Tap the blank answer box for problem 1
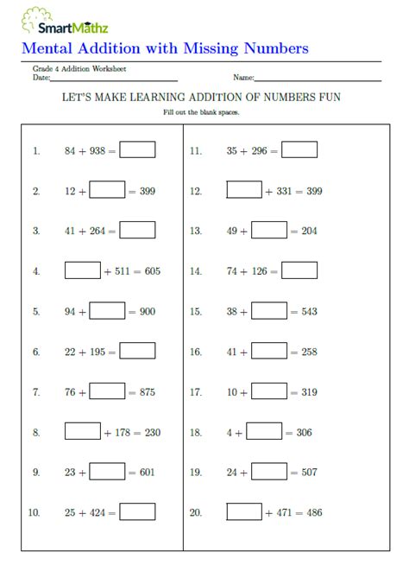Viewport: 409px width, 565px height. (x=137, y=150)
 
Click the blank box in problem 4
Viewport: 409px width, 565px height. (x=83, y=270)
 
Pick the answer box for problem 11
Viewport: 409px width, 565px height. (x=299, y=150)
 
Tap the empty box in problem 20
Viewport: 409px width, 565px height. (x=244, y=512)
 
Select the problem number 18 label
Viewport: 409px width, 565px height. (x=196, y=433)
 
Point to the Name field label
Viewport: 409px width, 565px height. (x=243, y=78)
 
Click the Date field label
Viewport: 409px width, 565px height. (x=41, y=78)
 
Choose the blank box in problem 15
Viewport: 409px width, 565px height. (x=269, y=311)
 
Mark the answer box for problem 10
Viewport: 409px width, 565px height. (x=137, y=512)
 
